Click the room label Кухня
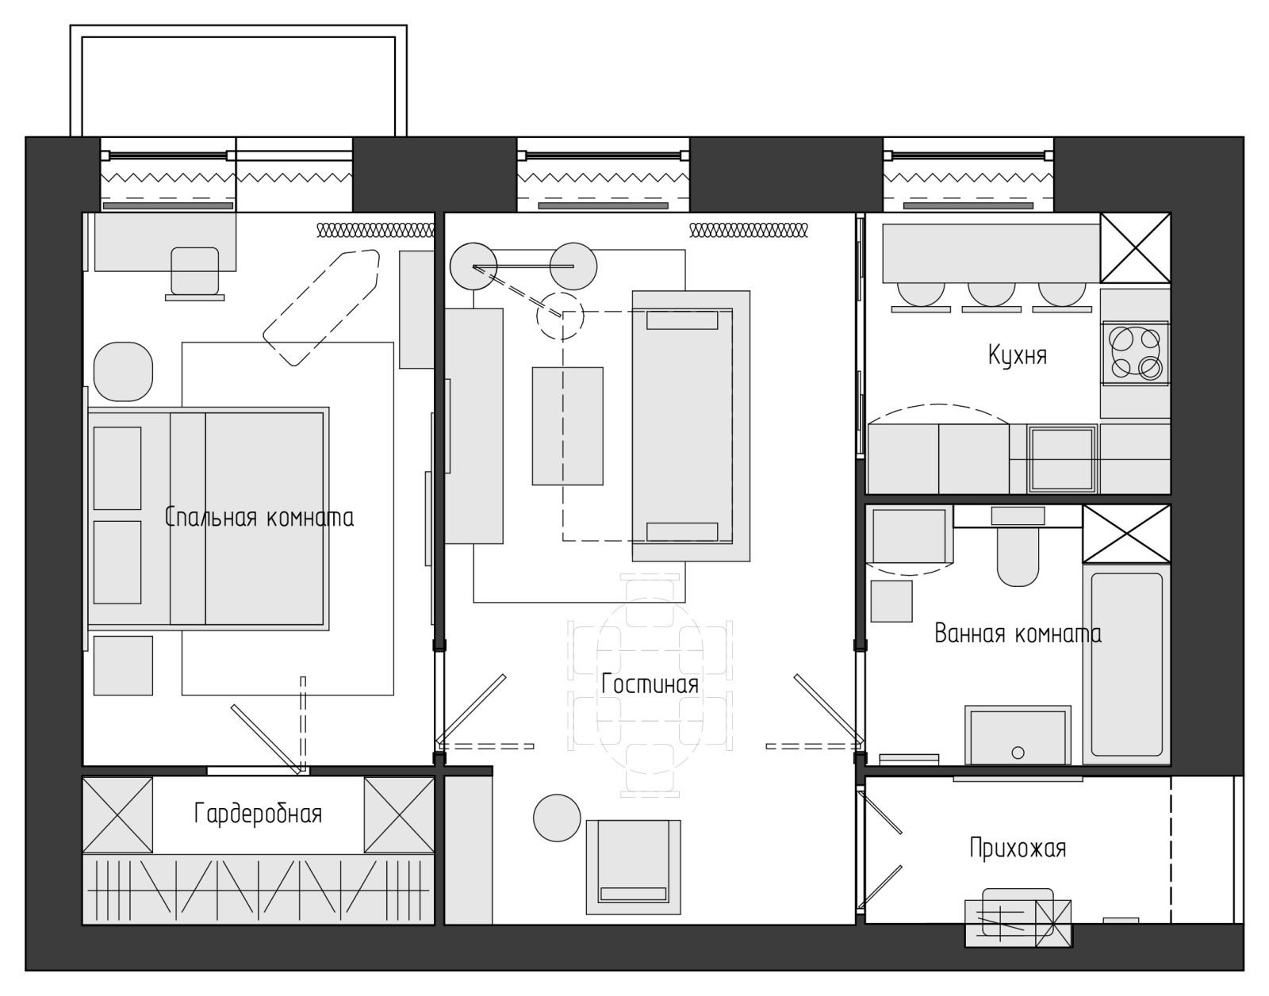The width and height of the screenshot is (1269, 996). tap(1018, 355)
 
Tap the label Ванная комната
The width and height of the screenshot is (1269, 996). tap(1018, 634)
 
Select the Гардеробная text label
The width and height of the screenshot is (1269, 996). tap(258, 814)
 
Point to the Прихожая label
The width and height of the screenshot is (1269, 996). tap(1018, 849)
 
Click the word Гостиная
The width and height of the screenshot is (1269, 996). tap(650, 684)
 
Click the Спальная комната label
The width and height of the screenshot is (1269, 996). tap(259, 517)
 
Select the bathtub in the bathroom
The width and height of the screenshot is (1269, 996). tap(1126, 665)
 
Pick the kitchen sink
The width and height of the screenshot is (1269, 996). tap(1062, 459)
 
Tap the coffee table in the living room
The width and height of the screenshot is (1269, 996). tap(567, 426)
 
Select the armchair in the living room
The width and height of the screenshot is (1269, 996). tap(633, 867)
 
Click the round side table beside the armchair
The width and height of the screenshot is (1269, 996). tap(557, 818)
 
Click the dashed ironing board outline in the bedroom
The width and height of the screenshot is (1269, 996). tap(321, 308)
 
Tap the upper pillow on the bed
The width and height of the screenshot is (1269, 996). tap(117, 468)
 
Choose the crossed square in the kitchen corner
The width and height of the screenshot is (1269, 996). tap(1135, 247)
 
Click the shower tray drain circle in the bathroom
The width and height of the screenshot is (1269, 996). tap(1018, 753)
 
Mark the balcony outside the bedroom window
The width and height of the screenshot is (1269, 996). tap(238, 81)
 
